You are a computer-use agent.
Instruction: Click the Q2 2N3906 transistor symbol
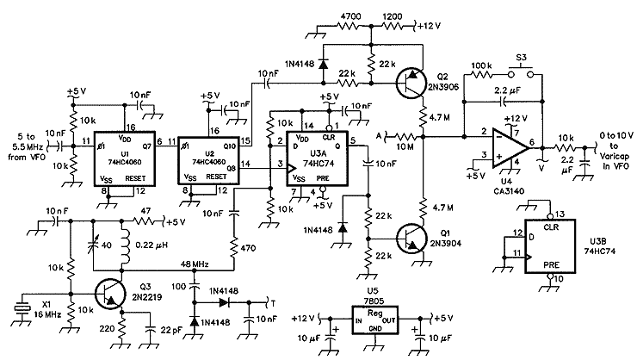411,84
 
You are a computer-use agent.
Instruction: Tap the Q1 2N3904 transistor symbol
411,238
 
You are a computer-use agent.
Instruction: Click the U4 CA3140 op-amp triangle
510,147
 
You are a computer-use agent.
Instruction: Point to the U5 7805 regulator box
374,320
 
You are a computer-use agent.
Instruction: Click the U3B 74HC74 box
550,246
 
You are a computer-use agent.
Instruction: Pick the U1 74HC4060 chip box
125,158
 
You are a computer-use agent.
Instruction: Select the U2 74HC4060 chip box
208,160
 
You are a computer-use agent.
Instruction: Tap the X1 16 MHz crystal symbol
22,308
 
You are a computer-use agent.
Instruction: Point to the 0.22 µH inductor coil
126,245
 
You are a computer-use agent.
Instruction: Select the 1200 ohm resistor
392,26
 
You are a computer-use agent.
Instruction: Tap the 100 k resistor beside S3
480,74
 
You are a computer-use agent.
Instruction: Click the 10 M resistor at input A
404,137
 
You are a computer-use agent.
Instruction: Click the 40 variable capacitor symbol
94,245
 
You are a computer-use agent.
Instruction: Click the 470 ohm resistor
234,248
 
